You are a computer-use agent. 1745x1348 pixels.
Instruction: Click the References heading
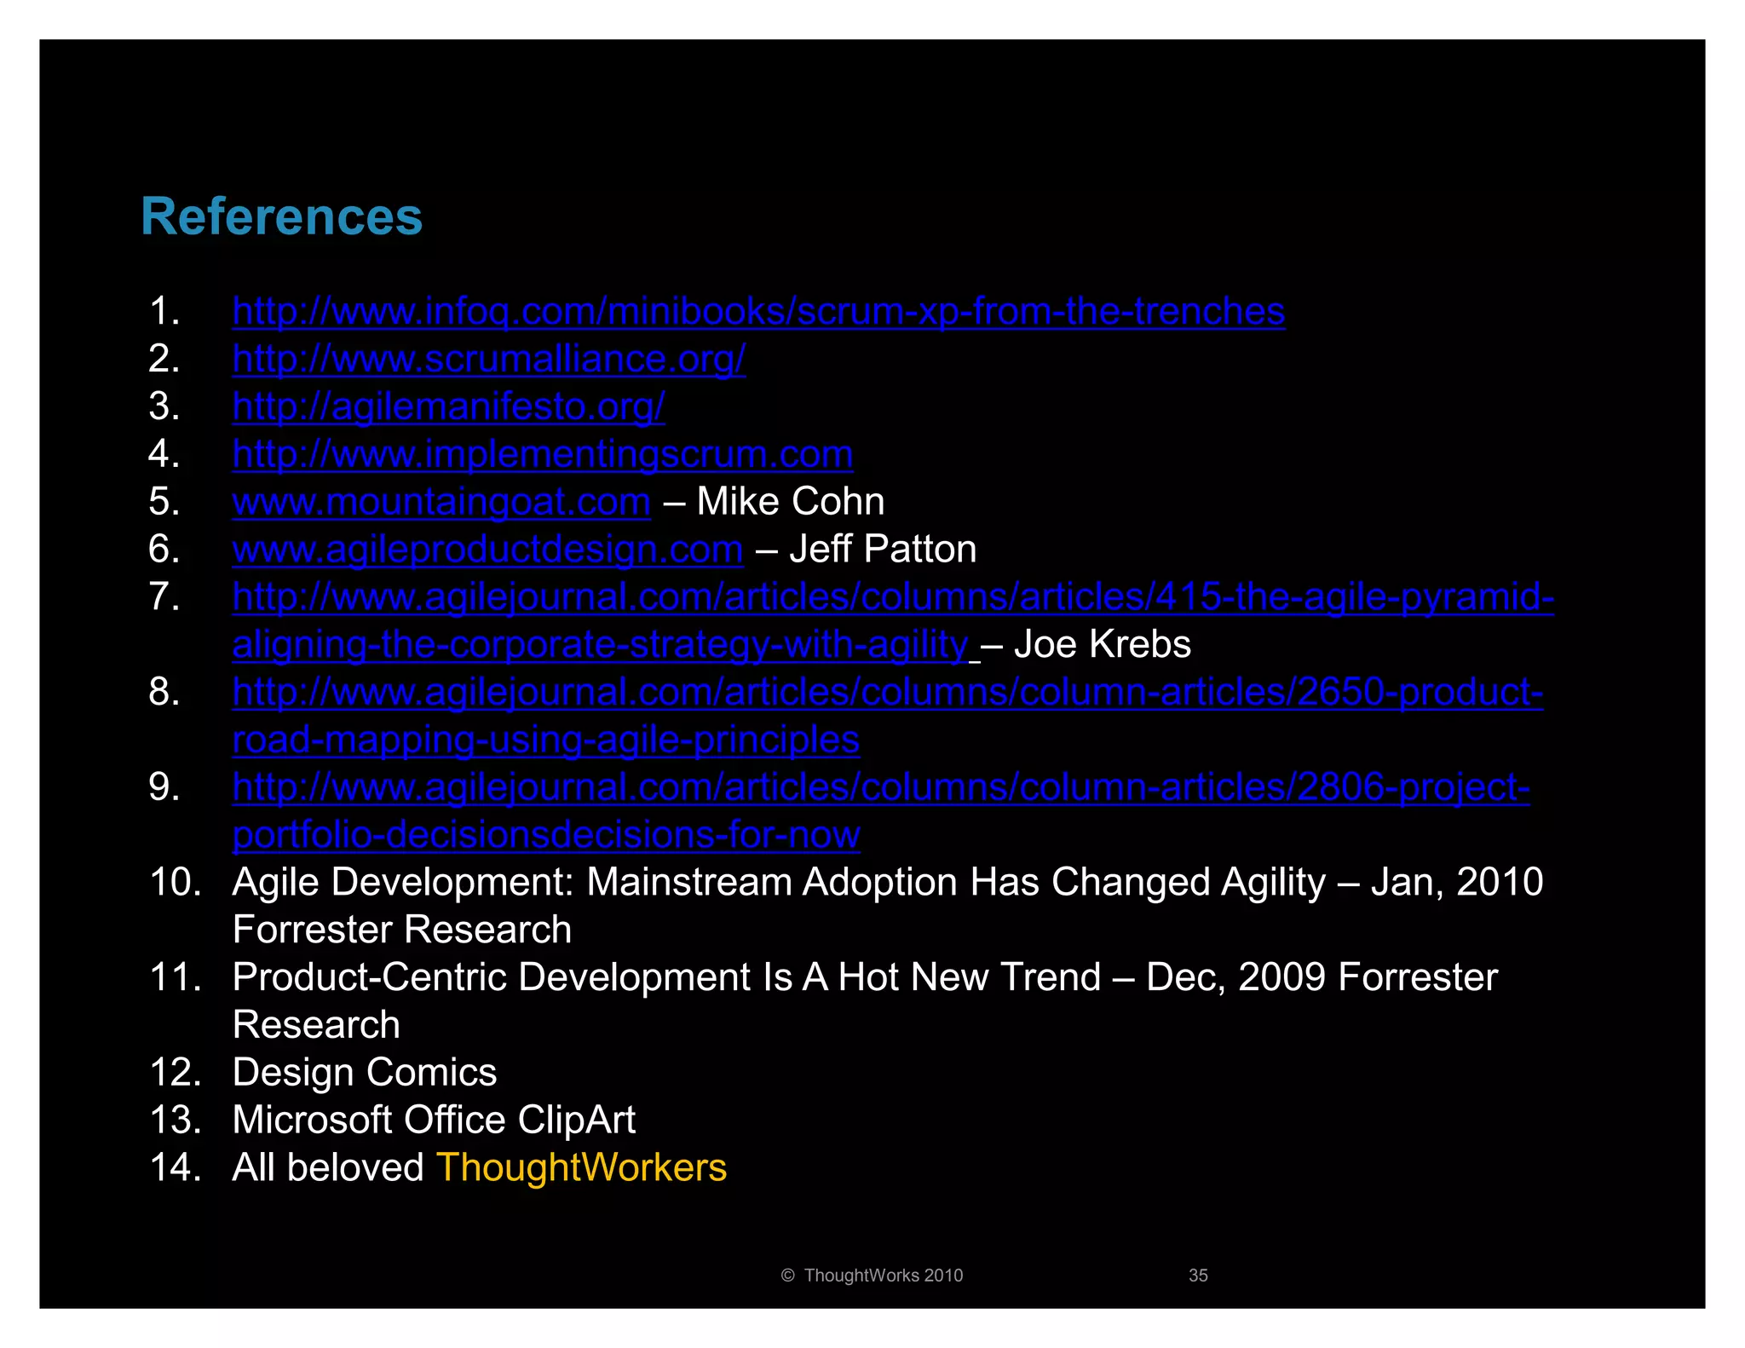pyautogui.click(x=281, y=216)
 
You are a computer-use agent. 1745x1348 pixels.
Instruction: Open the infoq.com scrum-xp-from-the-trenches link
pyautogui.click(x=758, y=312)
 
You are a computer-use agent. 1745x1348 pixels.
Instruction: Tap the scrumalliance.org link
pyautogui.click(x=489, y=360)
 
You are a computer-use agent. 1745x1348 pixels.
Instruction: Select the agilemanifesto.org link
pyautogui.click(x=448, y=407)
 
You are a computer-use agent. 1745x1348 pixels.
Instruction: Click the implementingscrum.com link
pyautogui.click(x=543, y=455)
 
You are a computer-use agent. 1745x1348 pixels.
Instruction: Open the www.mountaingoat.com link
pyautogui.click(x=441, y=502)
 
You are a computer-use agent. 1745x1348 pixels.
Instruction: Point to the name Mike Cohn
pyautogui.click(x=790, y=502)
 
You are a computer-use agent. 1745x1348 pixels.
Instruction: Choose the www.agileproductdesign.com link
pyautogui.click(x=487, y=550)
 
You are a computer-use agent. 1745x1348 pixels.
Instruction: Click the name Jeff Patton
pyautogui.click(x=883, y=550)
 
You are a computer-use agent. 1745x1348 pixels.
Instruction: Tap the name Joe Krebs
pyautogui.click(x=1102, y=645)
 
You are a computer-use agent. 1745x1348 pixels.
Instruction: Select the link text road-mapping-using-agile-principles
pyautogui.click(x=545, y=740)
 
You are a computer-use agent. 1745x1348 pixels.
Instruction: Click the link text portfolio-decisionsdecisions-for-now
pyautogui.click(x=545, y=835)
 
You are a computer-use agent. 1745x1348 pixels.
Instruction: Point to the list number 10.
pyautogui.click(x=175, y=882)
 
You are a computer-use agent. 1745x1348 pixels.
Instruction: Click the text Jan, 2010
pyautogui.click(x=1457, y=882)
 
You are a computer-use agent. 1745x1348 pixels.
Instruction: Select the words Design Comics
pyautogui.click(x=365, y=1073)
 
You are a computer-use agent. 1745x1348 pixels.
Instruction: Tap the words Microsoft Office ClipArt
pyautogui.click(x=434, y=1120)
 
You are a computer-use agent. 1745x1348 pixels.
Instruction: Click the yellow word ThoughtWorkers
pyautogui.click(x=581, y=1168)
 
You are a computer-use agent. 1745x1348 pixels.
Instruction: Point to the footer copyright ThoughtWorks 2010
pyautogui.click(x=872, y=1276)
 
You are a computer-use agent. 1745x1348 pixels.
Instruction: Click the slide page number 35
pyautogui.click(x=1198, y=1276)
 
